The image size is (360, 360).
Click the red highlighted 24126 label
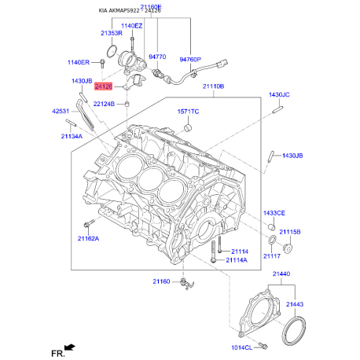[104, 86]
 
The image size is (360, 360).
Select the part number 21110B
[213, 86]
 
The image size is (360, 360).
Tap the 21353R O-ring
[112, 51]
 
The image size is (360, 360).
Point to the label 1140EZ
[131, 26]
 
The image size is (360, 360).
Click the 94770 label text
[157, 57]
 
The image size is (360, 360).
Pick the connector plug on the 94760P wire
[222, 63]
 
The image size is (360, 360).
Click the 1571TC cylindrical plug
[188, 128]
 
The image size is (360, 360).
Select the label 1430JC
[279, 94]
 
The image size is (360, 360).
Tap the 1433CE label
[274, 213]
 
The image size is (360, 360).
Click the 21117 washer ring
[273, 240]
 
